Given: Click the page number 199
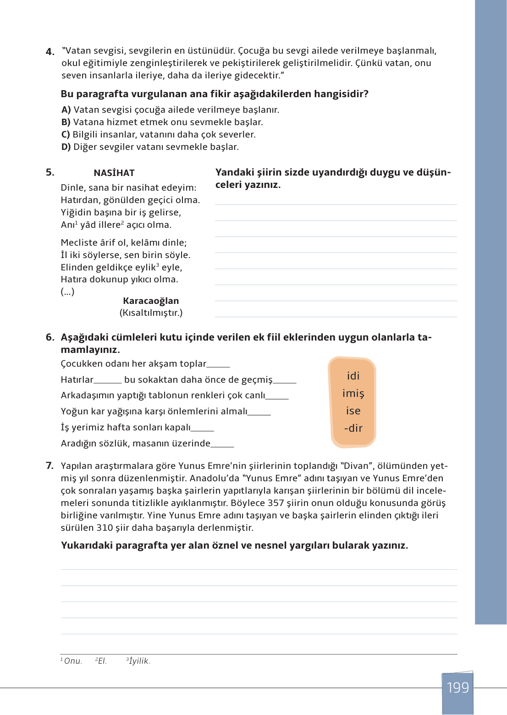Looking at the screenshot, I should point(457,687).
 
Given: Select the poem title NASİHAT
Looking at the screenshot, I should point(114,173).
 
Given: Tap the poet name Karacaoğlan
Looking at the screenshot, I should point(151,301).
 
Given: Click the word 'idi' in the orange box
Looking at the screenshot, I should point(353,376).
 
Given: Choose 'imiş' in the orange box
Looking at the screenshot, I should point(353,394).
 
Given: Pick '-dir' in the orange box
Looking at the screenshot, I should point(353,429).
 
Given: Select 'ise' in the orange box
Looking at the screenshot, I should point(353,411).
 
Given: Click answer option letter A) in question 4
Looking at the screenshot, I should point(66,110).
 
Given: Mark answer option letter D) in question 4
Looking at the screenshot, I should point(66,147).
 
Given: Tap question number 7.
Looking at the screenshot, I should point(50,466).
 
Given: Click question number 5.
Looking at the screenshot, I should point(50,173).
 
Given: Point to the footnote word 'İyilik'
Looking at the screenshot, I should point(139,661).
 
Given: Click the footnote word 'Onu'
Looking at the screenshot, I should point(72,661).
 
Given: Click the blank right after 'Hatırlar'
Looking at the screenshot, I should point(108,381).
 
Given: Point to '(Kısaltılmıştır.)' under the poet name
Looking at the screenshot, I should point(151,313).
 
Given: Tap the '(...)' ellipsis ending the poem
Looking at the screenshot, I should point(67,292).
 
